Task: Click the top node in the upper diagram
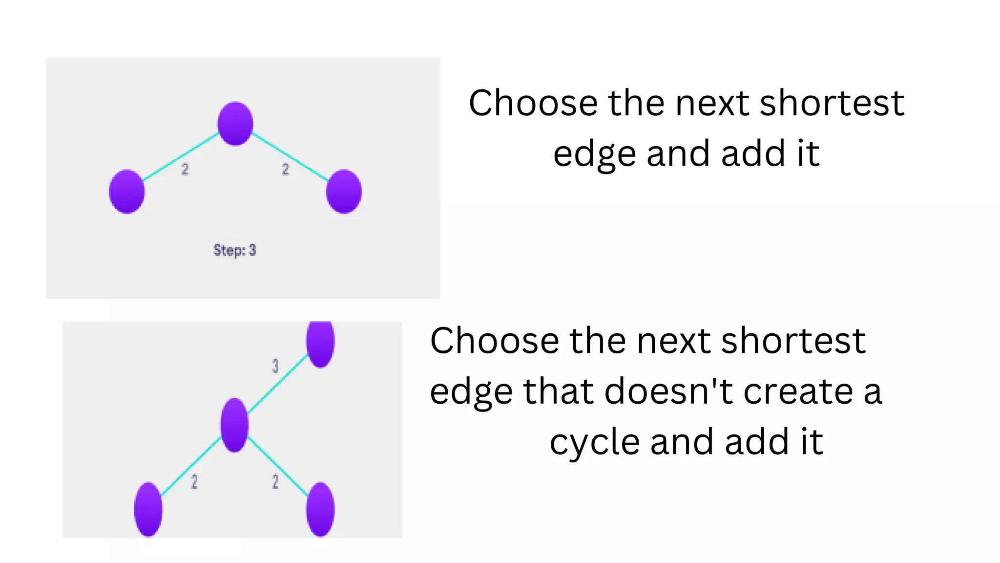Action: coord(235,124)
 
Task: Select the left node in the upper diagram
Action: coord(127,192)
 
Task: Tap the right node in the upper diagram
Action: coord(344,192)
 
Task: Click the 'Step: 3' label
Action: coord(235,250)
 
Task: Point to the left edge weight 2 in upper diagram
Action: coord(185,169)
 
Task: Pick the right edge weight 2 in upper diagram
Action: coord(286,169)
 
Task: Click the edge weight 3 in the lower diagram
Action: coord(275,366)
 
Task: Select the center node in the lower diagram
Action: coord(234,425)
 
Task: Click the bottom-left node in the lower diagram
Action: coord(148,509)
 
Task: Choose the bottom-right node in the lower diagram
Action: coord(320,509)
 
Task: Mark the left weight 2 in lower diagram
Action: coord(194,481)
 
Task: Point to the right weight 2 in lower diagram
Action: coord(275,481)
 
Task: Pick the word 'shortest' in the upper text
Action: coord(832,103)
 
